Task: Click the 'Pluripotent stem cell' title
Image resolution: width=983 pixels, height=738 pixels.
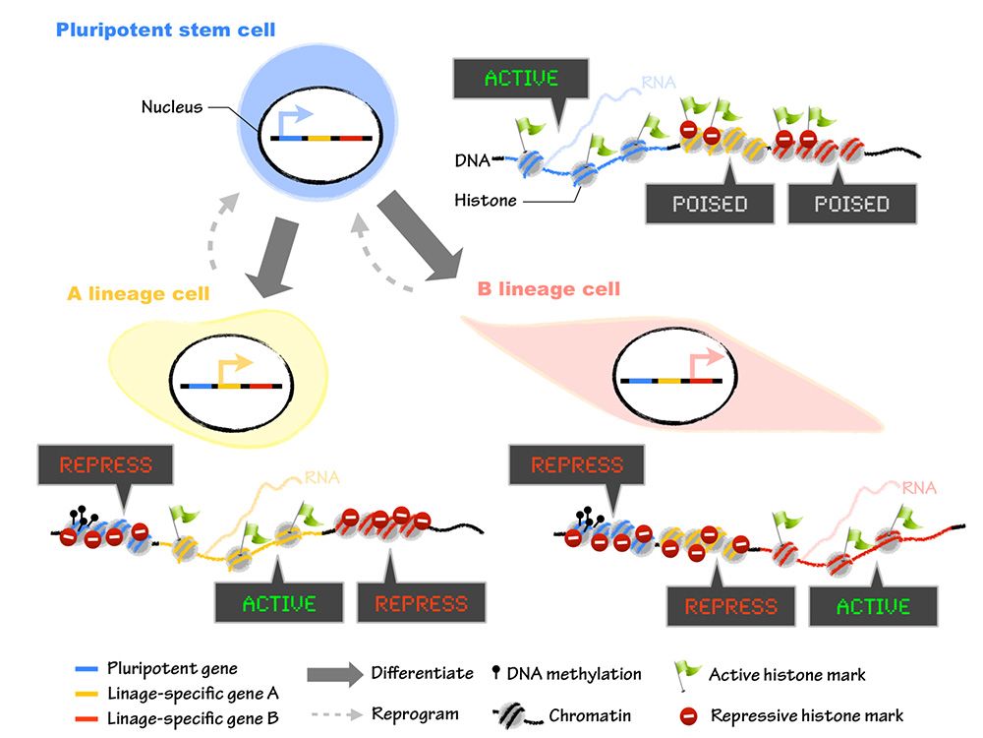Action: [166, 30]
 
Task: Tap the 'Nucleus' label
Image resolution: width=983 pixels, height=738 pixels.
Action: [171, 106]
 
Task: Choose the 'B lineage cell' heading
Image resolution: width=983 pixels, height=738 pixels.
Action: [549, 289]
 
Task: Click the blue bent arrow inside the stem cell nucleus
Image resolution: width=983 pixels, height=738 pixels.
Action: [294, 119]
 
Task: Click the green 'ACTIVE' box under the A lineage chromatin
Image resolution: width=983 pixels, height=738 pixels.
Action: [278, 602]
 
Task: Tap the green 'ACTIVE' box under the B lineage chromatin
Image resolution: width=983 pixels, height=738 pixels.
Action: [873, 606]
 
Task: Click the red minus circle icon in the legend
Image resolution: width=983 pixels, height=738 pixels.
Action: [687, 715]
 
